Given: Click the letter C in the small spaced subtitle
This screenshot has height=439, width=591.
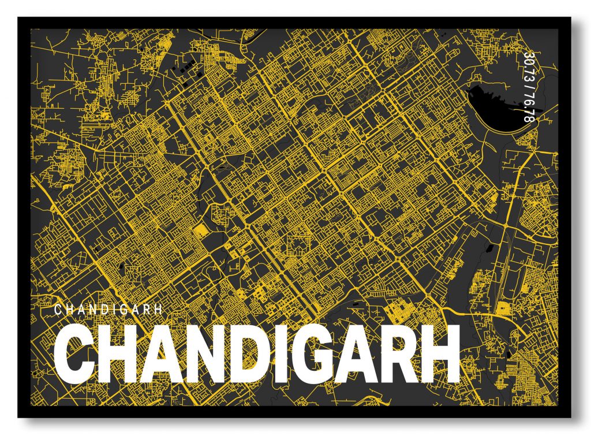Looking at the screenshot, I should (x=58, y=310).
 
